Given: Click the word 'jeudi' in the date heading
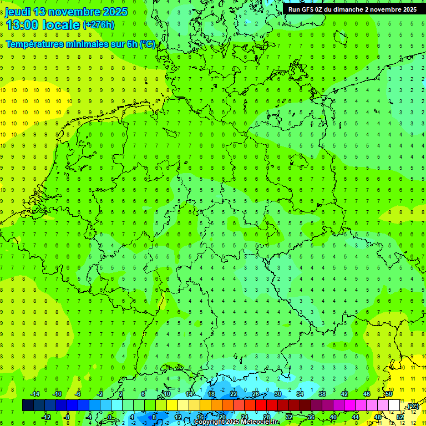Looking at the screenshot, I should [18, 12].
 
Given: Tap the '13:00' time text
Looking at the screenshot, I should [23, 24].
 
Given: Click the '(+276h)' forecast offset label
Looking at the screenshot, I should [99, 25].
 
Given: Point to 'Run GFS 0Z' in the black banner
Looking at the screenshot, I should [306, 9].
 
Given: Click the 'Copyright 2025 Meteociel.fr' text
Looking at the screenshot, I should [236, 422].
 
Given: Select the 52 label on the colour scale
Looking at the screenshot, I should [400, 417].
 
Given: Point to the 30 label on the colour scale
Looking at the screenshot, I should [278, 394].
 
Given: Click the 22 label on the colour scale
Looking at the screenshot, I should [234, 394].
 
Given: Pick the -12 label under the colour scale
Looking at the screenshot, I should [47, 417].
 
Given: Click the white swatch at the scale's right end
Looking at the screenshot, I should [394, 405].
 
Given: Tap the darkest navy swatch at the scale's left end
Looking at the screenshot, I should [28, 405].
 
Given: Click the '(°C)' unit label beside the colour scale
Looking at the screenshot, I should [413, 406].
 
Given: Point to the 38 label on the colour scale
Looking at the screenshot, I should [322, 394].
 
